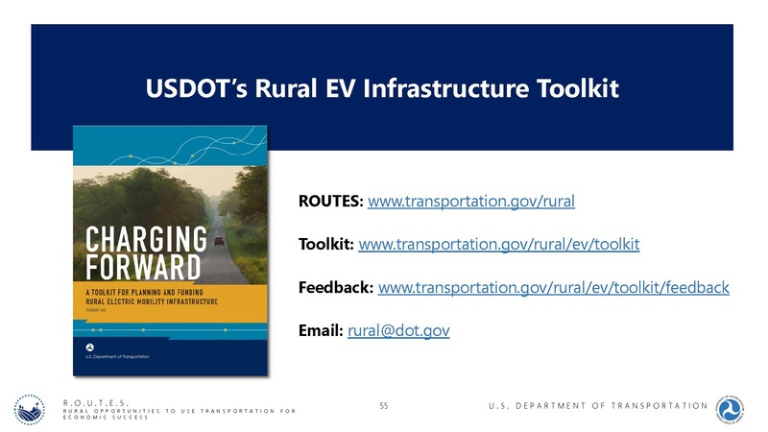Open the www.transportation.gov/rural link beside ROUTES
point(471,202)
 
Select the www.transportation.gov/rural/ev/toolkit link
point(498,245)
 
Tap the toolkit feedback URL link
point(555,288)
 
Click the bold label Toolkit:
point(326,245)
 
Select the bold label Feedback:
point(337,288)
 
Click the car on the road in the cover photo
point(220,240)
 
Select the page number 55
point(384,407)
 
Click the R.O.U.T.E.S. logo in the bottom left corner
point(33,412)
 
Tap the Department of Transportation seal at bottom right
point(733,410)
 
